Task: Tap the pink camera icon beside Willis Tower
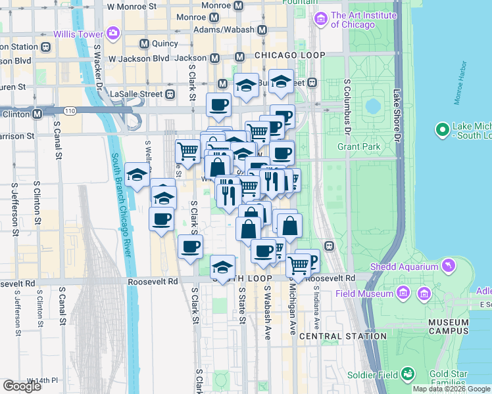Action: [x=113, y=33]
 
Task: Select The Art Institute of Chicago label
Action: [x=364, y=20]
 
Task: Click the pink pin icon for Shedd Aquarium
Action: [x=449, y=266]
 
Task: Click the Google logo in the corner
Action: [x=23, y=386]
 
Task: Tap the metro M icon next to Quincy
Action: [x=145, y=44]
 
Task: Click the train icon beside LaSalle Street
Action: [x=170, y=94]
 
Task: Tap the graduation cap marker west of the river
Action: [x=136, y=175]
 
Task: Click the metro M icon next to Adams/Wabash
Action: [x=262, y=30]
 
